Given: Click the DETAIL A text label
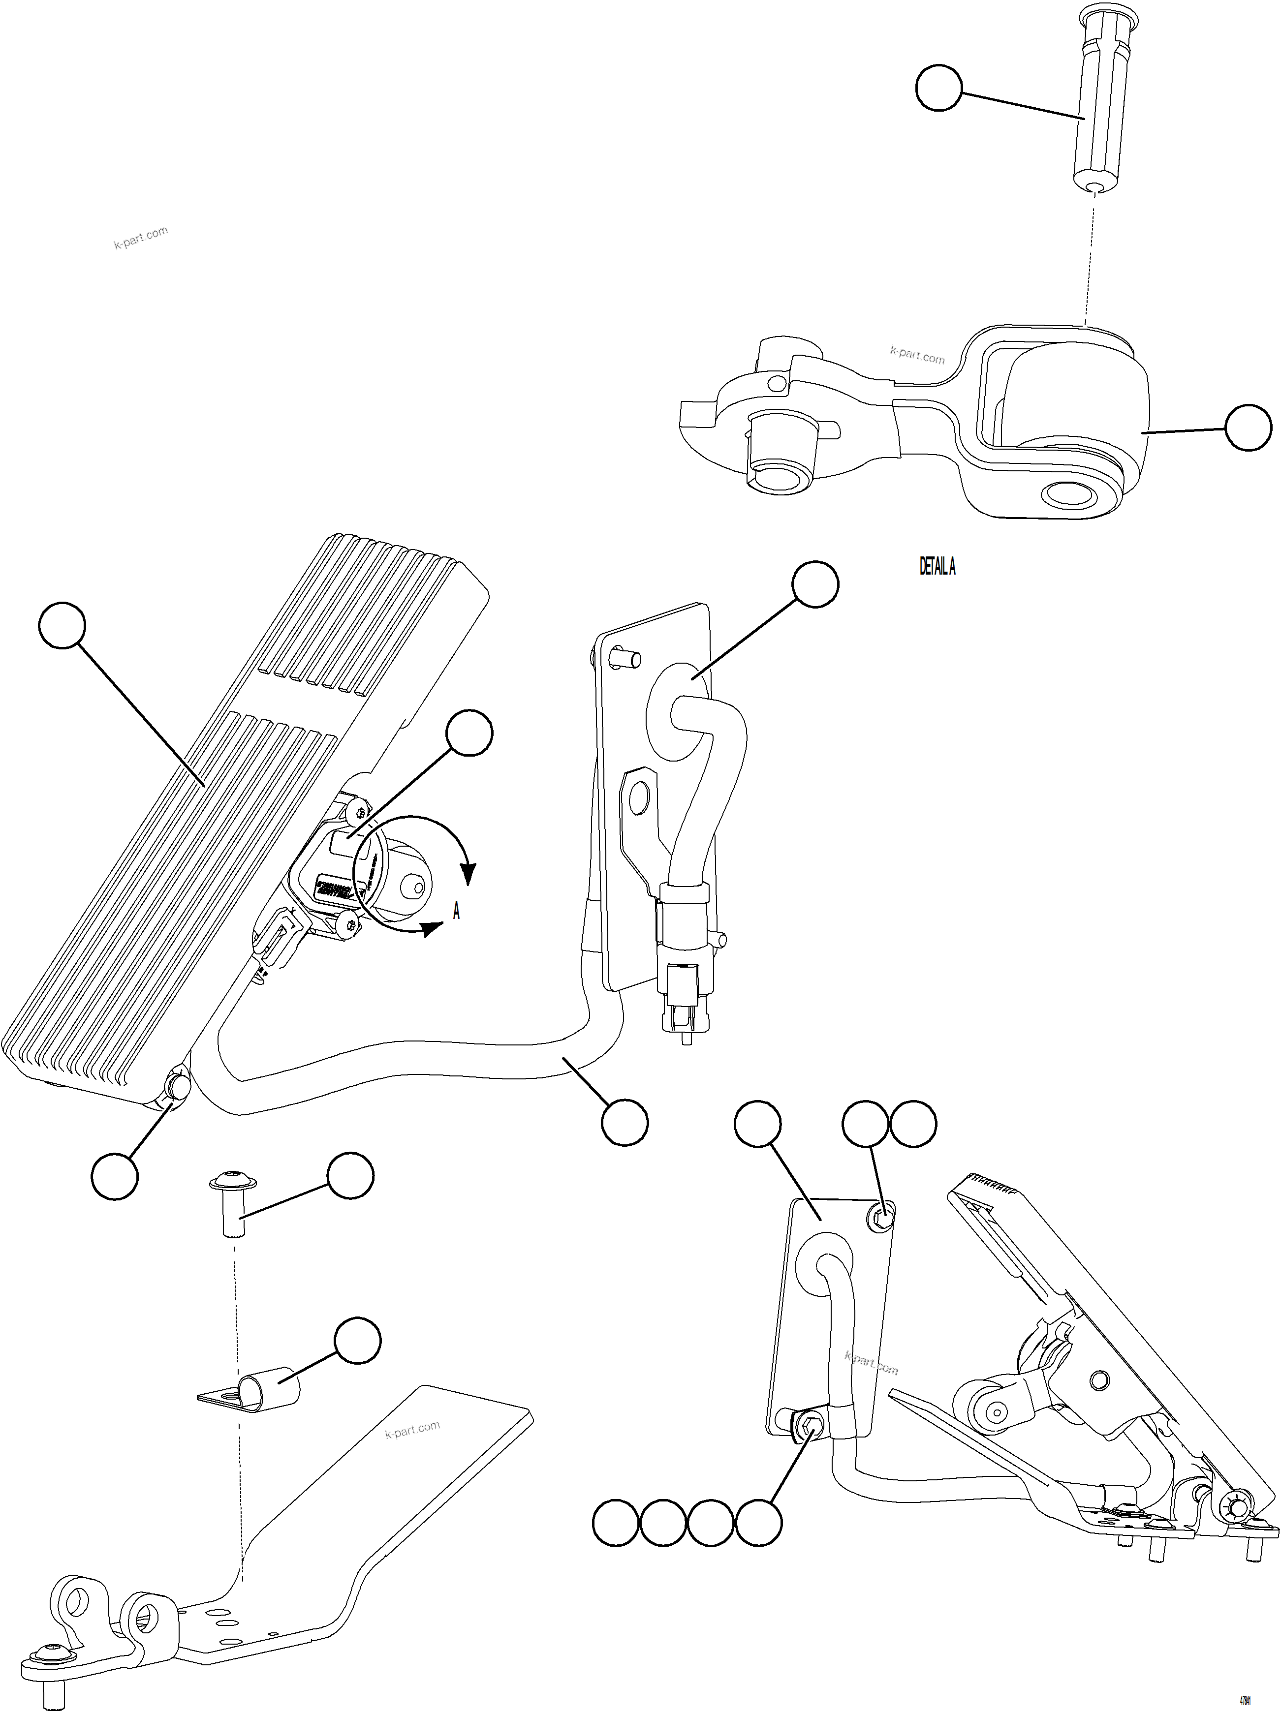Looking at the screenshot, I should [937, 567].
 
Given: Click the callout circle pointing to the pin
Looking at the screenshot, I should [938, 89].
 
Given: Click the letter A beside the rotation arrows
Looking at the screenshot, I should [457, 912].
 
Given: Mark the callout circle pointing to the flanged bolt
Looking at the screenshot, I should [350, 1175].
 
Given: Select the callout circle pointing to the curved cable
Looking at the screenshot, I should [625, 1121].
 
